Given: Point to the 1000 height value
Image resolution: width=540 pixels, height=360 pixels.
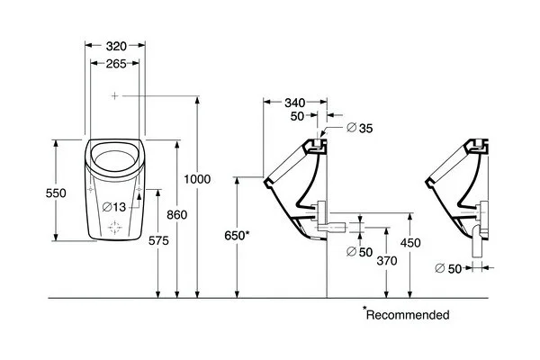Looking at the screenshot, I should pos(196,179).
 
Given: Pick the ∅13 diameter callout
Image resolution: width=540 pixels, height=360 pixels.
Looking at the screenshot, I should pos(119,206).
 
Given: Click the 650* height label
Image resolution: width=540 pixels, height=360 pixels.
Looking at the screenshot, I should pos(237,235).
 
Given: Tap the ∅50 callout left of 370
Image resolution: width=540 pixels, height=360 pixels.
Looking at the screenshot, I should pos(359,251).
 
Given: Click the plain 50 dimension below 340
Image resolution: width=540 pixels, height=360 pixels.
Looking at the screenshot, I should pos(298,116).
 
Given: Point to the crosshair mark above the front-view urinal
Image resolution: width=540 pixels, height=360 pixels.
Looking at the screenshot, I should pos(114,94).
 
